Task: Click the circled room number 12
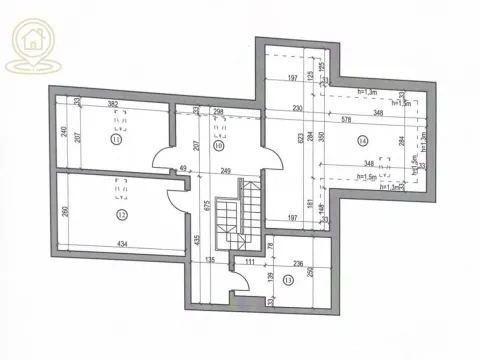(122, 213)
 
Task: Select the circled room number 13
(289, 280)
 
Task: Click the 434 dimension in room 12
(121, 245)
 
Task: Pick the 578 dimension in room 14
(345, 118)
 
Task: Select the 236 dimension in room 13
(296, 265)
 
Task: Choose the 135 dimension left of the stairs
(211, 259)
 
